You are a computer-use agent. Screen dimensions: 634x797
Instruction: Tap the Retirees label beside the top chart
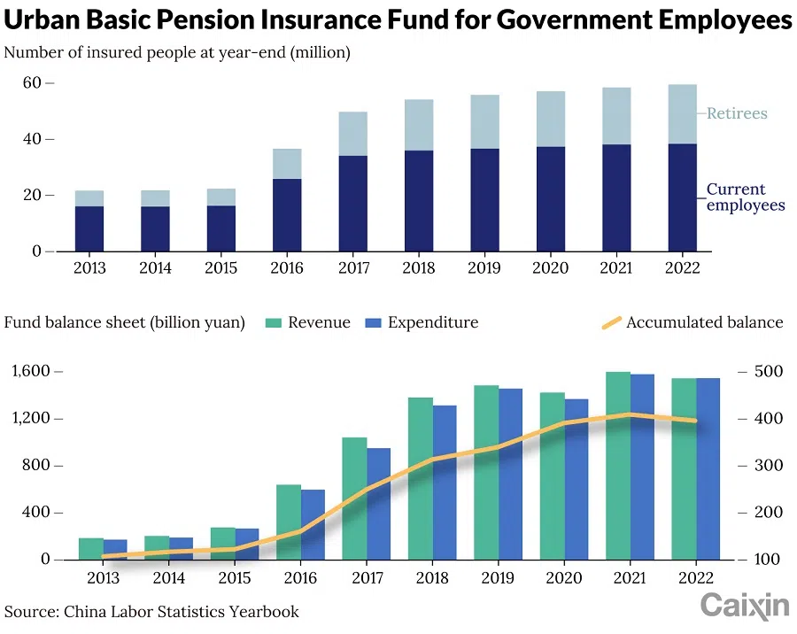click(x=737, y=113)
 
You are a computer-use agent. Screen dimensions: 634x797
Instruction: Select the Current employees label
click(x=745, y=197)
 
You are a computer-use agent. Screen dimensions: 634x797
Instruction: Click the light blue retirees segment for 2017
click(x=352, y=134)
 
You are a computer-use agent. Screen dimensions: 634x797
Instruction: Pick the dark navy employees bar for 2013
click(x=89, y=228)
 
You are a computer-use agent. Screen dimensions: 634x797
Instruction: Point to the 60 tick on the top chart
click(x=32, y=83)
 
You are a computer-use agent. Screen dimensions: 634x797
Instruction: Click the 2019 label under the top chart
click(x=484, y=268)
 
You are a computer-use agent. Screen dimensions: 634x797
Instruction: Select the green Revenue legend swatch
click(x=273, y=322)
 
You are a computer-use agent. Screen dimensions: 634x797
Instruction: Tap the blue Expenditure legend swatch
click(x=372, y=322)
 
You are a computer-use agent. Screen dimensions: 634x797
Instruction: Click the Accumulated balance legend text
click(x=704, y=322)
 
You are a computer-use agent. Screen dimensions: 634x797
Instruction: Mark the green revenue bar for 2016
click(x=288, y=522)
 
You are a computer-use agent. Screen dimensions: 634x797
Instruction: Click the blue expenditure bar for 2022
click(x=708, y=468)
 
